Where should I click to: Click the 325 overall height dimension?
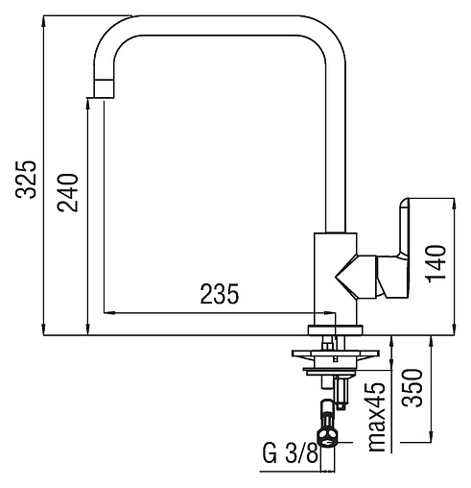click(x=26, y=180)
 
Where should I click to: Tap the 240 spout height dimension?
click(x=68, y=193)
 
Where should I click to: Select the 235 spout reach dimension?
click(x=220, y=294)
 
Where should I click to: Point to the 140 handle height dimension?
click(x=436, y=264)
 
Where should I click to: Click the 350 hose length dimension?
click(x=412, y=388)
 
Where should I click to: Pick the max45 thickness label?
click(x=377, y=417)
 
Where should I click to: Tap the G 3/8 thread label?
click(x=291, y=453)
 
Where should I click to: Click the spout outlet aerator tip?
click(x=105, y=88)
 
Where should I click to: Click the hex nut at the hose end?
click(x=327, y=438)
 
